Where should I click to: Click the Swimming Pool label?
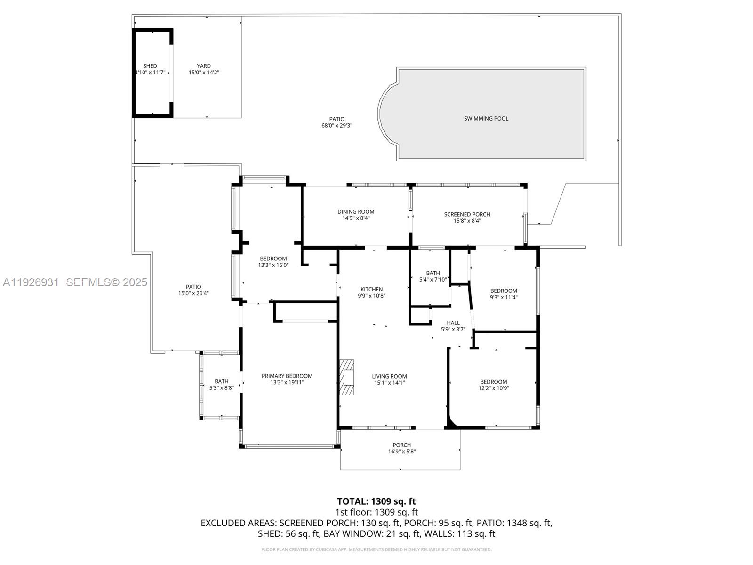click(486, 119)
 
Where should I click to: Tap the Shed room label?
click(150, 66)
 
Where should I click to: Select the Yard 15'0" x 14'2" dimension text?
click(204, 73)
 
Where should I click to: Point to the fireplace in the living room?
click(347, 378)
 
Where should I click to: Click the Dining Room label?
click(356, 212)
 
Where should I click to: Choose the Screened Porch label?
click(467, 214)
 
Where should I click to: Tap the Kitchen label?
click(372, 290)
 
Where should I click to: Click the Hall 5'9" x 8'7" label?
click(453, 326)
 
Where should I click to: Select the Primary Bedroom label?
click(287, 376)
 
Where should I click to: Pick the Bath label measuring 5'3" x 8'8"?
click(221, 381)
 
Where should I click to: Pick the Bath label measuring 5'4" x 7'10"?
click(433, 273)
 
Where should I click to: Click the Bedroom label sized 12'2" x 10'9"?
click(493, 382)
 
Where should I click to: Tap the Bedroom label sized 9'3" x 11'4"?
click(504, 291)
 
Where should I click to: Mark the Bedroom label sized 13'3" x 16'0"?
click(273, 258)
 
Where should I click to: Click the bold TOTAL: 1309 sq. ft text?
click(376, 501)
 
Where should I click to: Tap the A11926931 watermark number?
click(31, 282)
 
